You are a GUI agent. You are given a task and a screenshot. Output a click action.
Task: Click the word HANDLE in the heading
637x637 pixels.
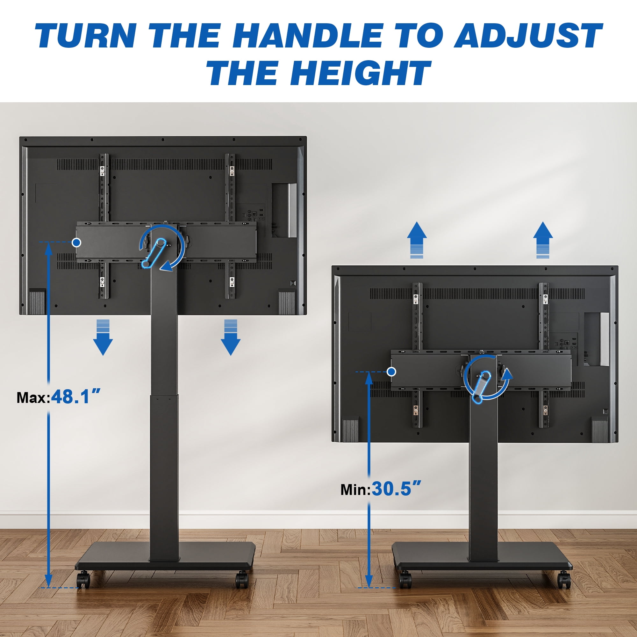tap(307, 35)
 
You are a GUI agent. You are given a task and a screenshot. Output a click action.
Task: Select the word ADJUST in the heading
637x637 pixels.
tap(528, 35)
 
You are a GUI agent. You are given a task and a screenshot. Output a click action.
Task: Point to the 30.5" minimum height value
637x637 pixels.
tap(396, 489)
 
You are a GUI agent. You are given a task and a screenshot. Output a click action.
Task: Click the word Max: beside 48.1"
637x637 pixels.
tap(34, 397)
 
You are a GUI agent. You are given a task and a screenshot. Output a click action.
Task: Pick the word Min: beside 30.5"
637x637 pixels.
tap(356, 490)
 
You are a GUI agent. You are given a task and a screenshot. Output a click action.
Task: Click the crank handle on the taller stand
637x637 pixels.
tap(153, 253)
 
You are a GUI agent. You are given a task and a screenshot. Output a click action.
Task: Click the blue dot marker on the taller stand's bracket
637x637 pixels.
tap(77, 243)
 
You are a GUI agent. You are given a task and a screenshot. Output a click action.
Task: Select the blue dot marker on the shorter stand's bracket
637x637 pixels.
tap(391, 372)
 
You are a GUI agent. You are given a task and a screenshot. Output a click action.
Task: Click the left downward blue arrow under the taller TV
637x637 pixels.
tap(103, 337)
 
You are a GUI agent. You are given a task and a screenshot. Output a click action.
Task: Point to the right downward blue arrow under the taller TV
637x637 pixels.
tap(231, 337)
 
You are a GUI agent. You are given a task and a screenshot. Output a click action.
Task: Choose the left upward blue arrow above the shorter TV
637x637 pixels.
tap(417, 240)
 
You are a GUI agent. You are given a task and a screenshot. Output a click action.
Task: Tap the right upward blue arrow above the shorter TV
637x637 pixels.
tap(543, 240)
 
